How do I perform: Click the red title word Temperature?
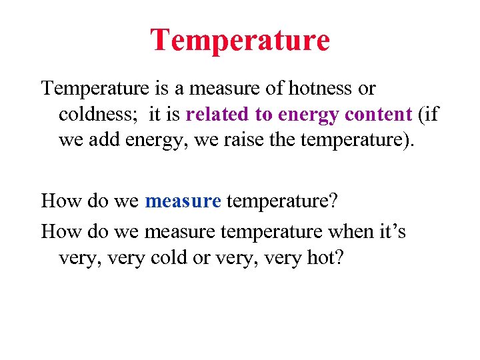(240, 40)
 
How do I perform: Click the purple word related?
(217, 115)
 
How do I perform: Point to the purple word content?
(379, 115)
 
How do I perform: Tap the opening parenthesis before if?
(420, 115)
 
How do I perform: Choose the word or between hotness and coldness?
(367, 88)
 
